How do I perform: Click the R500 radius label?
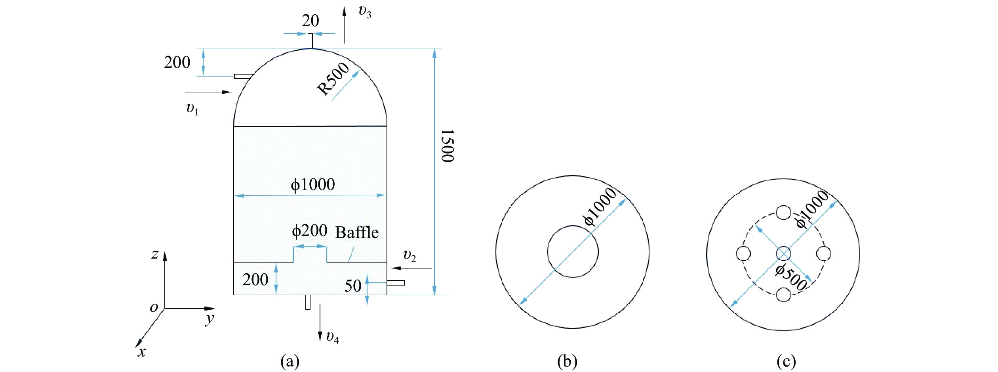click(x=334, y=79)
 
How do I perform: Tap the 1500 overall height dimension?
click(x=448, y=146)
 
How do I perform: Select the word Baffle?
click(x=357, y=232)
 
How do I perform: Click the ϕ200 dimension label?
click(x=310, y=230)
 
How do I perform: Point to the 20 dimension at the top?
click(x=310, y=21)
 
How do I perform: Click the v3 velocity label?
click(x=365, y=12)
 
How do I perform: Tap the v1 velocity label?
click(x=192, y=108)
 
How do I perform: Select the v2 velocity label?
click(x=409, y=256)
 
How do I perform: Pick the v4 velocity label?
click(x=332, y=337)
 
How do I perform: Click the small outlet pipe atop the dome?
click(x=310, y=41)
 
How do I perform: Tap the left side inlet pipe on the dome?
click(x=243, y=76)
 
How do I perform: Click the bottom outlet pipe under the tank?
click(x=308, y=302)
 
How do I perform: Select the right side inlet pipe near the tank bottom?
click(x=396, y=283)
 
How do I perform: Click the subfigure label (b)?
click(x=567, y=361)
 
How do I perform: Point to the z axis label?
click(x=155, y=254)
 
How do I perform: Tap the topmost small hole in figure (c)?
click(x=783, y=213)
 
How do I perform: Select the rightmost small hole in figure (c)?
click(x=824, y=253)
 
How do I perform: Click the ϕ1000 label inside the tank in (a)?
click(x=313, y=184)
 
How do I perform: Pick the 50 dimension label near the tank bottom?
click(x=352, y=286)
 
